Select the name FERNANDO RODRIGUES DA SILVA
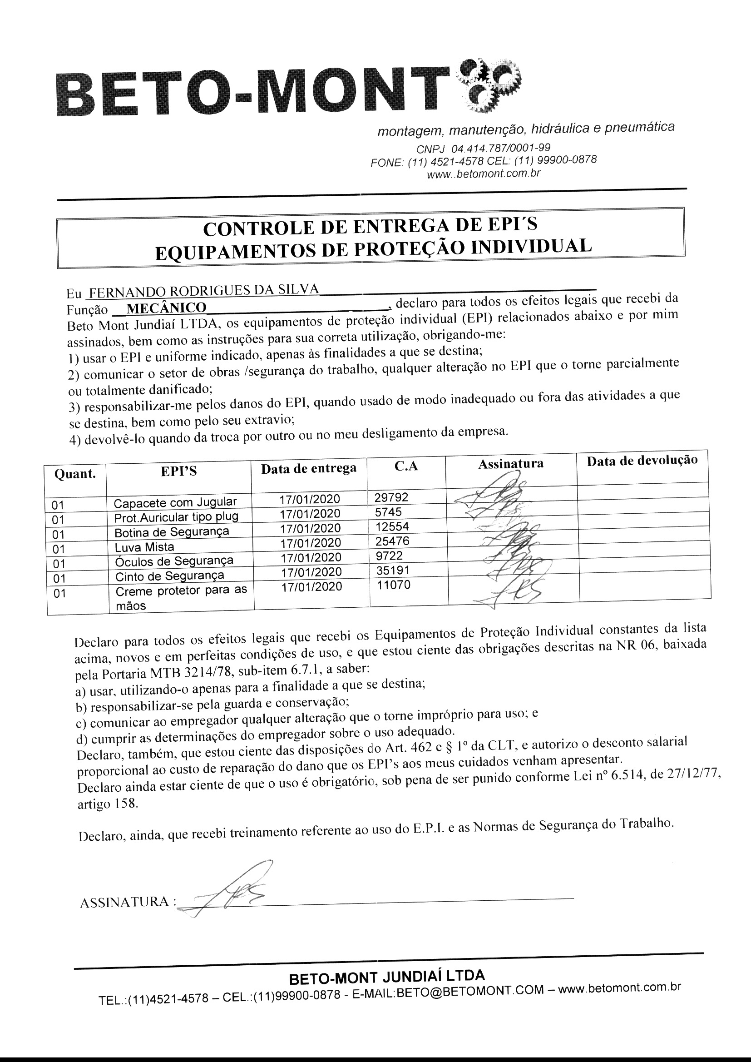(204, 290)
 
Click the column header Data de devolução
(642, 461)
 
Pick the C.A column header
(406, 466)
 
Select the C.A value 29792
(391, 497)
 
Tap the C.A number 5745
(389, 512)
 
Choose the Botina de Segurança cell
(172, 531)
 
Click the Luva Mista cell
(144, 547)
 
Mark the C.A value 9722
(390, 556)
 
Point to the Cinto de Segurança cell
(169, 576)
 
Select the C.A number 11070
(393, 585)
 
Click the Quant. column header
(75, 474)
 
